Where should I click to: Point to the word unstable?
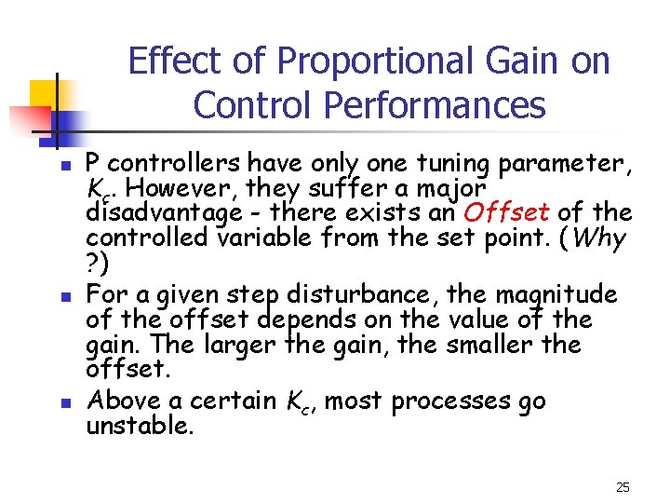[x=140, y=426]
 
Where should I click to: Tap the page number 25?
[x=623, y=486]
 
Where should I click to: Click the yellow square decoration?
[x=46, y=94]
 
